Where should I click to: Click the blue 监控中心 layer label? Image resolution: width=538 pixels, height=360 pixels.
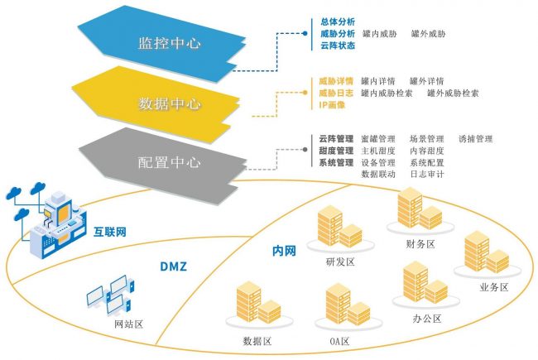tap(169, 42)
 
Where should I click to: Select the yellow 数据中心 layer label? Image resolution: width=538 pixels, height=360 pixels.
tap(169, 103)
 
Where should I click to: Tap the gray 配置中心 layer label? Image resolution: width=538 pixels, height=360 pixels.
tap(169, 162)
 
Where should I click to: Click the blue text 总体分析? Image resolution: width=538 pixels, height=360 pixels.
tap(337, 22)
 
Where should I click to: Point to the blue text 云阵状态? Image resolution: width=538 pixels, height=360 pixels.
tap(337, 46)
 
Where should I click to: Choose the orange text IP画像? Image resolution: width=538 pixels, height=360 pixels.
tap(332, 105)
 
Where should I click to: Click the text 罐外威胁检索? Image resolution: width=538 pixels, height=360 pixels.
tap(453, 94)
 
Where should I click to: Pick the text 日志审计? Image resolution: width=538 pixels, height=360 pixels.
tap(427, 174)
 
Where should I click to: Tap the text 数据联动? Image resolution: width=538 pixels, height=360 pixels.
tap(378, 174)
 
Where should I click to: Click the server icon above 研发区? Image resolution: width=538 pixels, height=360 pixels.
tap(339, 227)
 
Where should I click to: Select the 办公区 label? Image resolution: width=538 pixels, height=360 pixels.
tap(427, 319)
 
